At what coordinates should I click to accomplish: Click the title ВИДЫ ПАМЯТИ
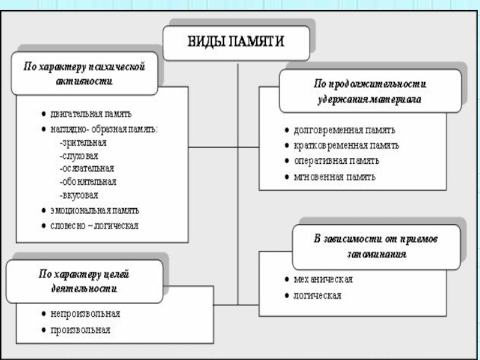(x=236, y=41)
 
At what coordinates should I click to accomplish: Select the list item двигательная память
(x=91, y=114)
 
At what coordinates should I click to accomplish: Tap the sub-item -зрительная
(x=83, y=143)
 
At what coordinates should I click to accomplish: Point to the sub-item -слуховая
(x=79, y=156)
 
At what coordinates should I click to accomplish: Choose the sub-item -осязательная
(x=87, y=169)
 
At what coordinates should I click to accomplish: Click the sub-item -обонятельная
(x=88, y=182)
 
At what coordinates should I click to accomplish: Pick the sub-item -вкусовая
(x=79, y=196)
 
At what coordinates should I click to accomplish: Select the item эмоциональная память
(x=95, y=211)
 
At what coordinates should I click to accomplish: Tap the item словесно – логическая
(x=95, y=226)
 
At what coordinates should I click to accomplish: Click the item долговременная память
(x=344, y=130)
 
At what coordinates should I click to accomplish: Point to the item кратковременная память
(x=346, y=145)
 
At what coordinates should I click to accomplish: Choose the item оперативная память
(x=337, y=161)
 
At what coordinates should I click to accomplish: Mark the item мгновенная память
(x=334, y=177)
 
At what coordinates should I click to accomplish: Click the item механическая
(x=323, y=279)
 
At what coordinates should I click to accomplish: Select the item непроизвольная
(x=85, y=314)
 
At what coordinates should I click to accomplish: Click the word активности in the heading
(x=84, y=82)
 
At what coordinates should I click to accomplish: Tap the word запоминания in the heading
(x=377, y=254)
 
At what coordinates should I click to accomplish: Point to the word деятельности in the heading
(x=84, y=289)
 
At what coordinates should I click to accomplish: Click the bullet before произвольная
(x=44, y=330)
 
